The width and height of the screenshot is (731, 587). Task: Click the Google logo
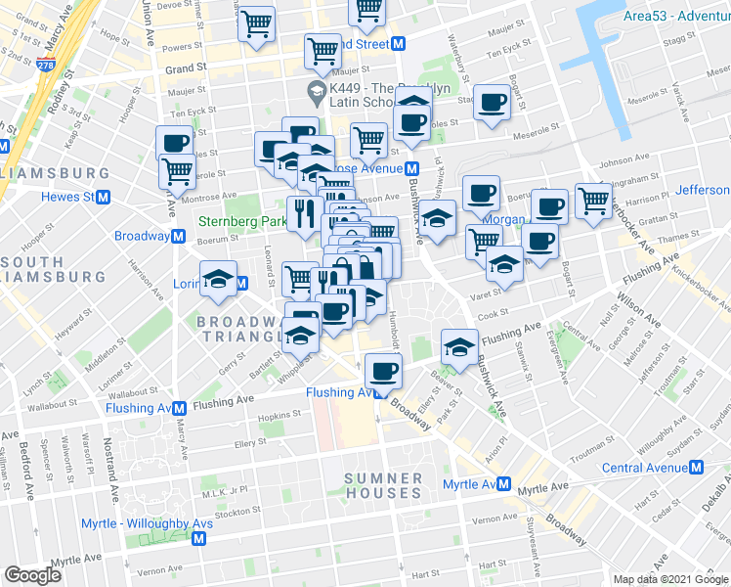[33, 575]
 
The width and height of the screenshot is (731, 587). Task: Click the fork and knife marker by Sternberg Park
[304, 212]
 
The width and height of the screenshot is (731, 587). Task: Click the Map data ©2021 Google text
[670, 578]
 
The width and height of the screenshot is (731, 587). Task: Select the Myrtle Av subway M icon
[504, 484]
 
